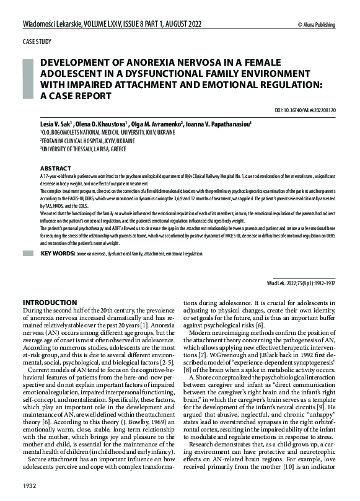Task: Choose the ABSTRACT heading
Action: click(x=56, y=168)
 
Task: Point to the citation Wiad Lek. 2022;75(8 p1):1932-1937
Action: click(x=301, y=280)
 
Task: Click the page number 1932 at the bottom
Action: click(x=31, y=484)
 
